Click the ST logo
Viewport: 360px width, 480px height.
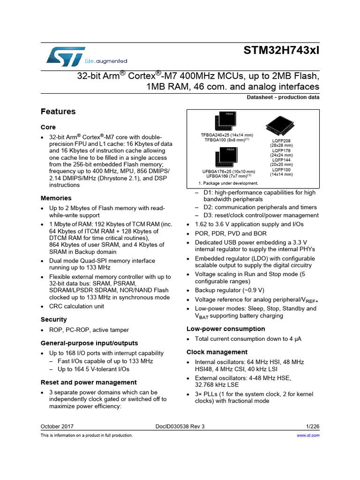66,56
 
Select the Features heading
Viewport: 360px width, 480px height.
58,112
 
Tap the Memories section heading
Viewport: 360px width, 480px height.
56,198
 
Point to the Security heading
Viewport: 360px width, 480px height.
54,319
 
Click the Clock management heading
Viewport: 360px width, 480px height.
217,352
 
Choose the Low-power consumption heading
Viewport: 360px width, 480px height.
226,329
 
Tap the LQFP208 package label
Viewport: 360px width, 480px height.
282,141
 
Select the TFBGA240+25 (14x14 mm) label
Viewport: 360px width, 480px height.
227,135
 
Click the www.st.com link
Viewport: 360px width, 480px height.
308,435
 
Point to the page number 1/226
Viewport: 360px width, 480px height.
312,427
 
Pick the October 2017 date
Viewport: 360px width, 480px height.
57,427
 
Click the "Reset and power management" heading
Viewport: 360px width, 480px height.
89,382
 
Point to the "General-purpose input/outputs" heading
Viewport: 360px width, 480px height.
90,343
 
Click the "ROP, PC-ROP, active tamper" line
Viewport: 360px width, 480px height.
89,330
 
